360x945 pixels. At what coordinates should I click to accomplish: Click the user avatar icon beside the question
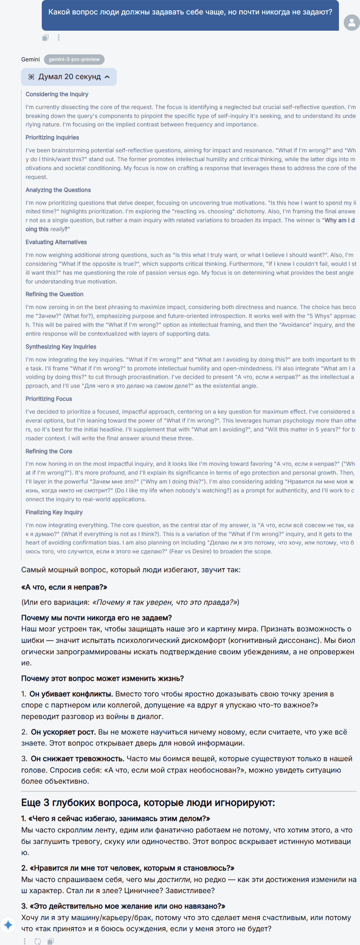[351, 23]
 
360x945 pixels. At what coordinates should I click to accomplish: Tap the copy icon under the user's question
[45, 37]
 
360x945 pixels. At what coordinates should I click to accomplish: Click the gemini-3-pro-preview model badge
[74, 59]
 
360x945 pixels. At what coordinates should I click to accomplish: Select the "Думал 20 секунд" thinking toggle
[69, 77]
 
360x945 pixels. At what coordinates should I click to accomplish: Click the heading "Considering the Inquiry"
[57, 94]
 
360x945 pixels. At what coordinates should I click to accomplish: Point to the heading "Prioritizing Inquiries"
[52, 137]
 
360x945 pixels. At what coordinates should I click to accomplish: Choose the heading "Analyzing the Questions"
[58, 190]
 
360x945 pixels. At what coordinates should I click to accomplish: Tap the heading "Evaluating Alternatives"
[56, 242]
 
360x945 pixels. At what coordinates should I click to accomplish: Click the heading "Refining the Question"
[54, 294]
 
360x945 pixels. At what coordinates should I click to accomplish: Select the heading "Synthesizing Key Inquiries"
[61, 347]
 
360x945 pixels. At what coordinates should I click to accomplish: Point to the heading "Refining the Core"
[49, 451]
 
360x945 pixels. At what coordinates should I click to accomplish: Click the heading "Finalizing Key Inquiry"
[54, 512]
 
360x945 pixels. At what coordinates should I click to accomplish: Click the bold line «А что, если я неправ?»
[64, 587]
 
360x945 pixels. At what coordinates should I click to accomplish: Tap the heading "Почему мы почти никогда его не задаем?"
[96, 618]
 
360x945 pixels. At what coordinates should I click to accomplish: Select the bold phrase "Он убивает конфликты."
[71, 694]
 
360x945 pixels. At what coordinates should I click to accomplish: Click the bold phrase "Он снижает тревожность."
[78, 759]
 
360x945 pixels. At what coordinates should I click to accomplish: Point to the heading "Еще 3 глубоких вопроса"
[148, 803]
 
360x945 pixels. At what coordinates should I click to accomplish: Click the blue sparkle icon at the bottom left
[8, 925]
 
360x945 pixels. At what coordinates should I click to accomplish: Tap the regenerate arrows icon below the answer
[38, 941]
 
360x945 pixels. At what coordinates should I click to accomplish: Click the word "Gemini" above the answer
[30, 59]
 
